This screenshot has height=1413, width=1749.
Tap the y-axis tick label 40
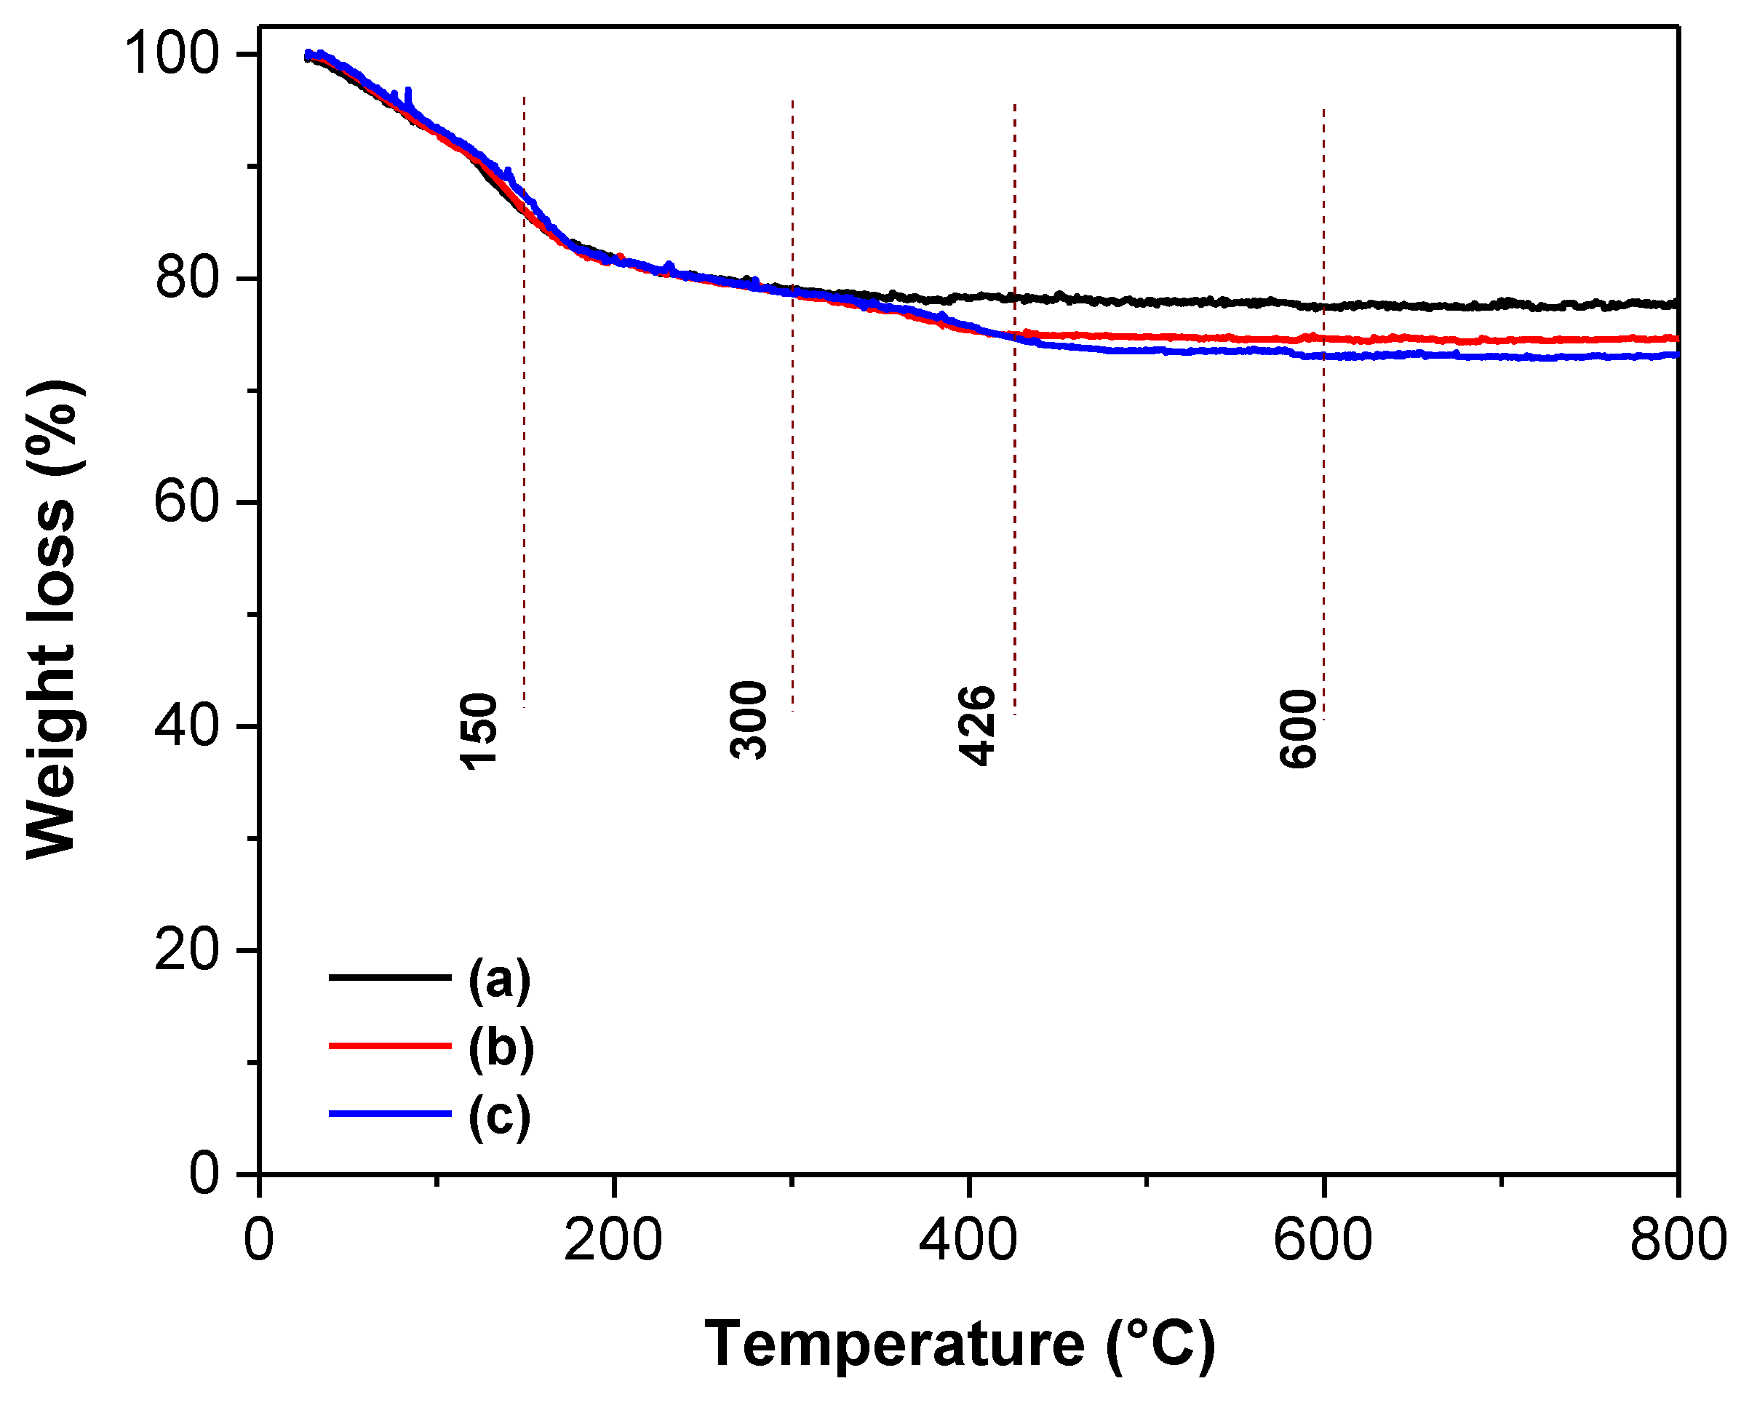(x=187, y=726)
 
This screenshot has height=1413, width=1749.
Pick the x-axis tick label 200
(x=613, y=1241)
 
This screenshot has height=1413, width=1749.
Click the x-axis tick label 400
(x=968, y=1241)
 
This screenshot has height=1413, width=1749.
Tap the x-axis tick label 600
(x=1323, y=1241)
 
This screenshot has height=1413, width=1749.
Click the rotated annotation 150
(x=479, y=731)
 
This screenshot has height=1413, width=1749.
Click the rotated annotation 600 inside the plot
(x=1298, y=728)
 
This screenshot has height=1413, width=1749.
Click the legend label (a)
(x=500, y=979)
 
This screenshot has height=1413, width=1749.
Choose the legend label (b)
(x=501, y=1048)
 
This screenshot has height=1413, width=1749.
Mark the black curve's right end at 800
(x=1675, y=304)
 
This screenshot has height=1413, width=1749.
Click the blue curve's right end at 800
(x=1675, y=355)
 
